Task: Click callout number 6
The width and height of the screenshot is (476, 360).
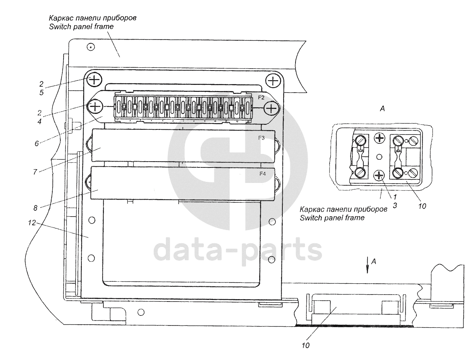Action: click(x=36, y=143)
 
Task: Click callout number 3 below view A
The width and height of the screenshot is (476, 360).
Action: click(x=395, y=205)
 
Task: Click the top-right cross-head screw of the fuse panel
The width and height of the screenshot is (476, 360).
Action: click(x=273, y=81)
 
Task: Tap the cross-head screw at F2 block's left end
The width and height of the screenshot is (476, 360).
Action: click(x=95, y=107)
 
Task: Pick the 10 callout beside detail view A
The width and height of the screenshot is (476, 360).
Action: click(x=422, y=206)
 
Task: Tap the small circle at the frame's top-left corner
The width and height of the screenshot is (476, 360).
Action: click(x=90, y=47)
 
